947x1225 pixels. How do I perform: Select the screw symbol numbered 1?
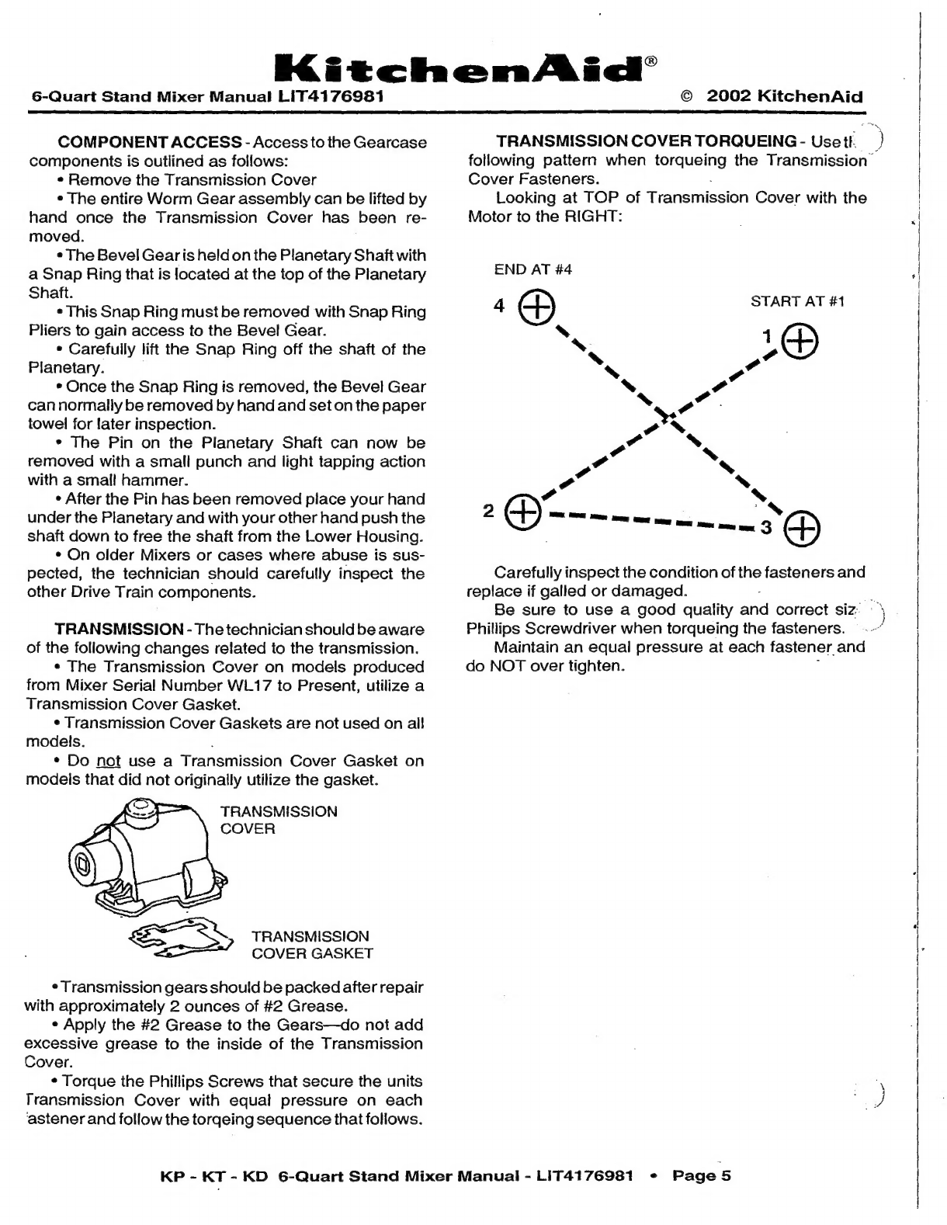800,341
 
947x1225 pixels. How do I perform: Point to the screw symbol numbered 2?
522,511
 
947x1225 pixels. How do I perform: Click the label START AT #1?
797,301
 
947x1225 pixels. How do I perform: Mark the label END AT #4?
533,269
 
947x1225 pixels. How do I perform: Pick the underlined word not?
109,761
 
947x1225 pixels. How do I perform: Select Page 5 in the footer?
702,1175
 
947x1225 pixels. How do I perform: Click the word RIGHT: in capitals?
594,217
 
